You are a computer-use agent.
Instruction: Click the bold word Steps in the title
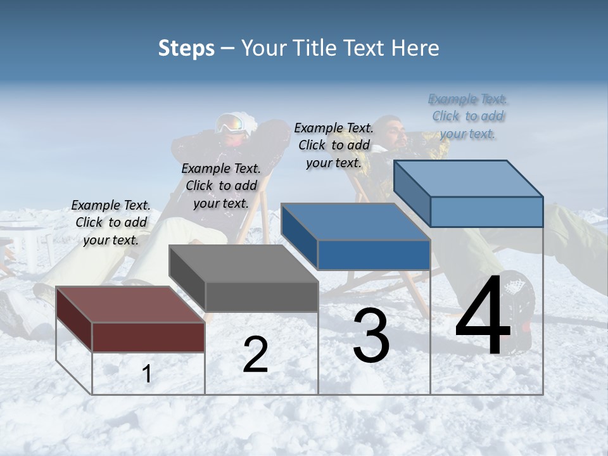(186, 48)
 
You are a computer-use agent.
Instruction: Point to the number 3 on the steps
(371, 336)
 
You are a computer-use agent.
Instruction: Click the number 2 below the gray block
(255, 355)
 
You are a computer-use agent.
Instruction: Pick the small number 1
(147, 374)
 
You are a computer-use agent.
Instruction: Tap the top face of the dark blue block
(355, 222)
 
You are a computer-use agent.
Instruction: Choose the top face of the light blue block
(469, 178)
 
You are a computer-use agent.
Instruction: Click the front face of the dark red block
(148, 337)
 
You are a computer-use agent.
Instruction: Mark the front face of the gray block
(262, 296)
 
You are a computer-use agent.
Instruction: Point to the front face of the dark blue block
(374, 255)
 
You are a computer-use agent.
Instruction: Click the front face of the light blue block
(486, 212)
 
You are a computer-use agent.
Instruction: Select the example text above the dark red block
(111, 222)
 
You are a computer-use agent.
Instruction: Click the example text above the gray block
(221, 186)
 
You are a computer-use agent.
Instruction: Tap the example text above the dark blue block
(334, 145)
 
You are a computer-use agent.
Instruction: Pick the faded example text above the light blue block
(468, 116)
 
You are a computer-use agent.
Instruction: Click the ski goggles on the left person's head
(231, 123)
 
